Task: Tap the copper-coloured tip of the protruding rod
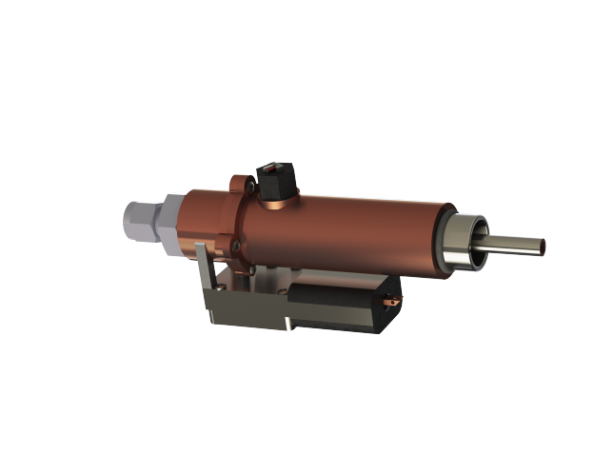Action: click(x=544, y=246)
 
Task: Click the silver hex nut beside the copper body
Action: click(x=170, y=222)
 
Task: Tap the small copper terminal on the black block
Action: click(x=389, y=304)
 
